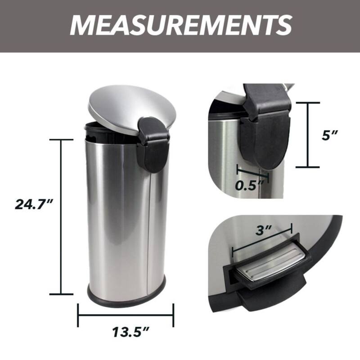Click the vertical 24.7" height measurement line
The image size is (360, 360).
pyautogui.click(x=61, y=216)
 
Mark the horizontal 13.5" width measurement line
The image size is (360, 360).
pyautogui.click(x=126, y=315)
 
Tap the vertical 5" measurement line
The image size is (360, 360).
pyautogui.click(x=308, y=135)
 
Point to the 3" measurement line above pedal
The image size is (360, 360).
pyautogui.click(x=262, y=242)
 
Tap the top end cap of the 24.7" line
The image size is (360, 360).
pyautogui.click(x=61, y=140)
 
